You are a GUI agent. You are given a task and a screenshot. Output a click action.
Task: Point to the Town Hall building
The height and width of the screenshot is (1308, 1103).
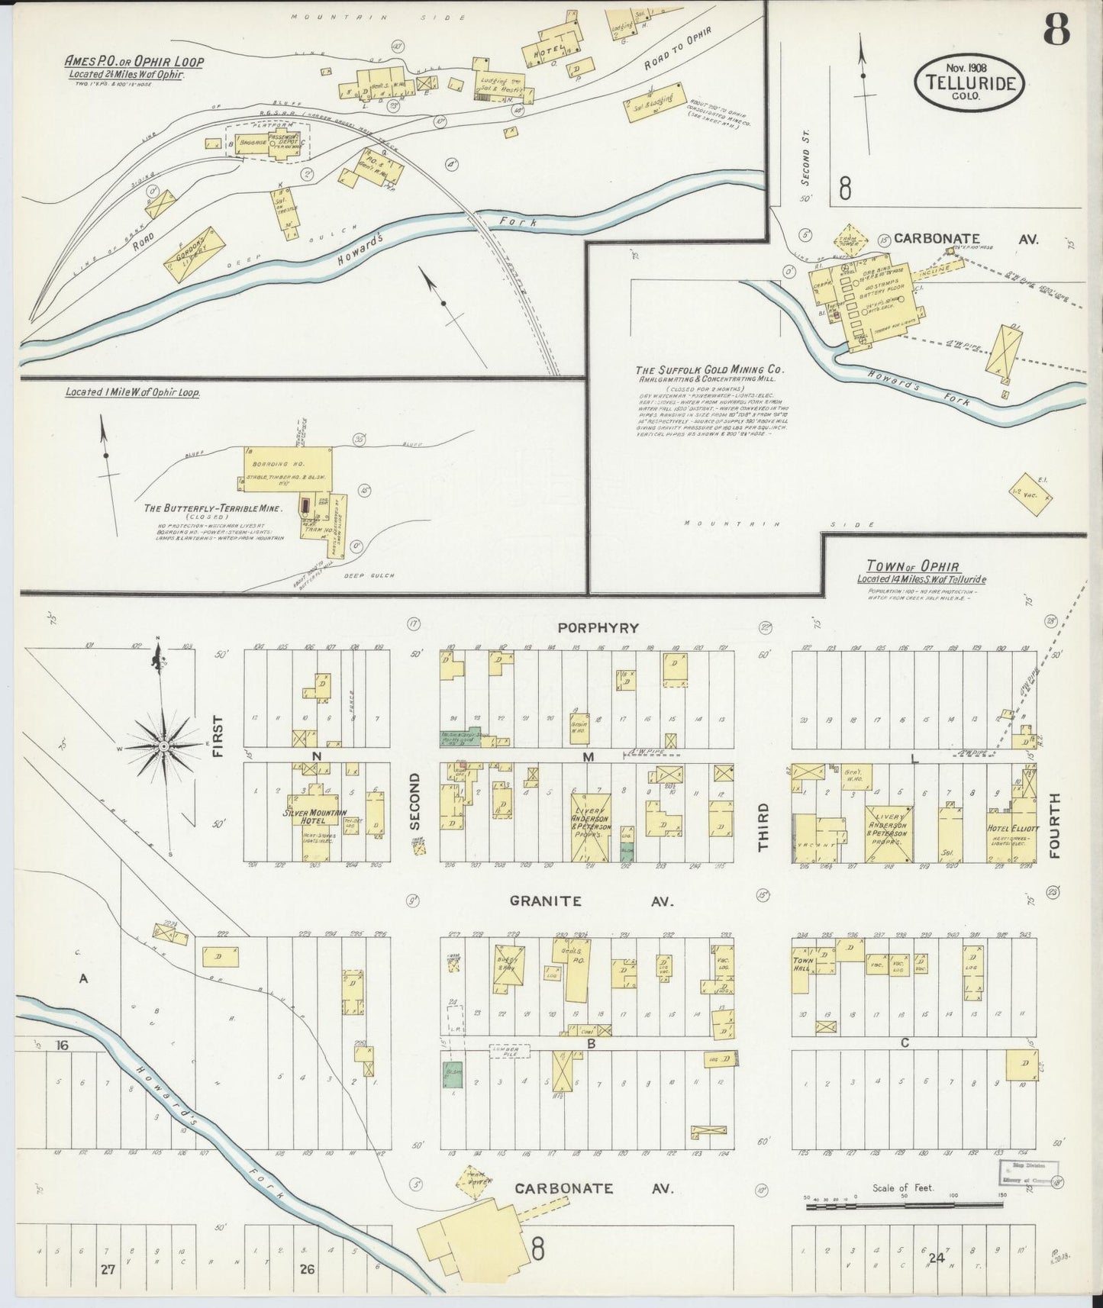tap(804, 966)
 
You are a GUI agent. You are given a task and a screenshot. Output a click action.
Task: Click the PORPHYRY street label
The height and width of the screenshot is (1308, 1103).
tap(598, 628)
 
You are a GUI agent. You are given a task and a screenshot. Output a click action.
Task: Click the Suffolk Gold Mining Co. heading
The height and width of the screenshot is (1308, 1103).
tap(711, 370)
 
